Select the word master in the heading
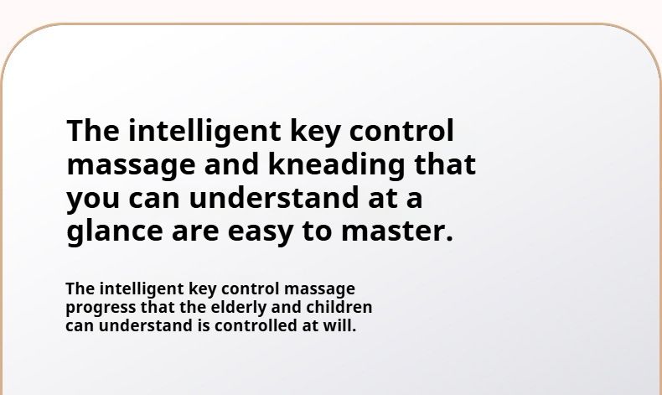click(397, 231)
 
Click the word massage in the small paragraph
click(319, 290)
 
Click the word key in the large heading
click(315, 133)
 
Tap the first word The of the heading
click(93, 131)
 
